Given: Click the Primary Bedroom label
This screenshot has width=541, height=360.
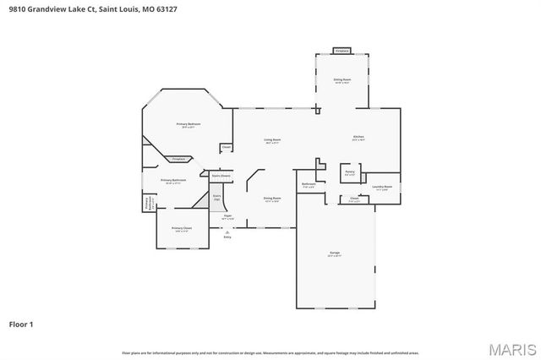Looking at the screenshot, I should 189,125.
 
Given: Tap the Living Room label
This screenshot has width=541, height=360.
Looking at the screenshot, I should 272,140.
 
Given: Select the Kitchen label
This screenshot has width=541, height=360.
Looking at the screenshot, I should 358,137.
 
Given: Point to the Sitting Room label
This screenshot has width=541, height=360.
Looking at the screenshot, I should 342,80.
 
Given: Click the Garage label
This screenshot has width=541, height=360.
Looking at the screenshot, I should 335,254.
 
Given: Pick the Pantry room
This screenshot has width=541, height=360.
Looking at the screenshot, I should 349,172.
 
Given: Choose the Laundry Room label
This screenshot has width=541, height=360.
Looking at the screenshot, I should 381,188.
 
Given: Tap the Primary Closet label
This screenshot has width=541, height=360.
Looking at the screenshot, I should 182,229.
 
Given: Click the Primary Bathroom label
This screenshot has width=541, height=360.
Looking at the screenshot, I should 173,181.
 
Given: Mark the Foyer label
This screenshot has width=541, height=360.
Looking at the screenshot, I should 227,217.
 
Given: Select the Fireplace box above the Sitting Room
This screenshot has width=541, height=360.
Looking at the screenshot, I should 342,51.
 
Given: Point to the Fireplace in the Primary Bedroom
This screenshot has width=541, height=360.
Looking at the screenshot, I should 178,159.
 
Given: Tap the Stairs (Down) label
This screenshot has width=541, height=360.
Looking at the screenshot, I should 220,176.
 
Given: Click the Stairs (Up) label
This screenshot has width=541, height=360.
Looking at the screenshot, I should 217,197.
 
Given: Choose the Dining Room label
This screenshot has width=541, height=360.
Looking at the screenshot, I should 272,199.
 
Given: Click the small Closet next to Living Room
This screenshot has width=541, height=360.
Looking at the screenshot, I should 226,148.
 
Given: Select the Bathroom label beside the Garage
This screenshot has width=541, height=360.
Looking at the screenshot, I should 309,185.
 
